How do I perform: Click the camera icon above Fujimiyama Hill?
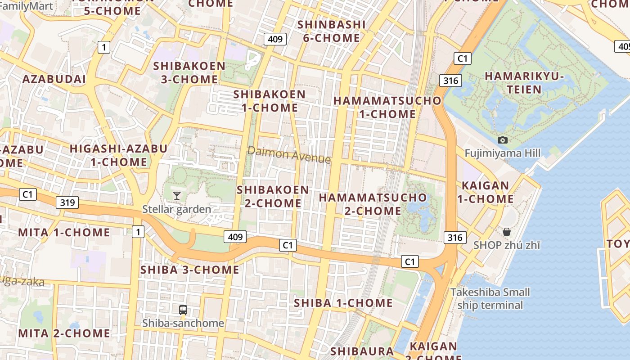click(503, 140)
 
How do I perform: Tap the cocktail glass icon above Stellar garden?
click(177, 195)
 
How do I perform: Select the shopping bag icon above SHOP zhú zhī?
click(506, 232)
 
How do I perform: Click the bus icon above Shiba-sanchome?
click(183, 310)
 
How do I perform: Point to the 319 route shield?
click(67, 202)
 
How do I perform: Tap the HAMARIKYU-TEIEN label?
click(524, 83)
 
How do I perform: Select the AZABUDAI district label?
click(54, 79)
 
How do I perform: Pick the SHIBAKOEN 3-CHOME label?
click(189, 72)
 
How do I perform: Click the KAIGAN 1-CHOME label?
click(486, 192)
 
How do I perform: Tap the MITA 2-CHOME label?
click(64, 333)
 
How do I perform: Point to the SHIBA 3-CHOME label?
click(190, 270)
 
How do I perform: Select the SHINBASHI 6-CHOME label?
click(331, 31)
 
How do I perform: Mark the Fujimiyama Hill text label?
click(502, 153)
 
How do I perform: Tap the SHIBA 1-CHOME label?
click(343, 303)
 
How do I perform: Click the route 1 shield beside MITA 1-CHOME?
click(138, 232)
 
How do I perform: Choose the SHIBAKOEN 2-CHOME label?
click(273, 197)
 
